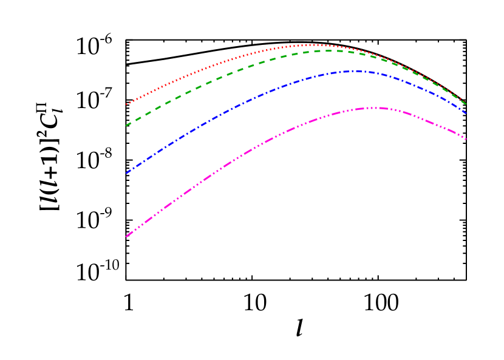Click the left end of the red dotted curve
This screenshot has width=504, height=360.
(126, 104)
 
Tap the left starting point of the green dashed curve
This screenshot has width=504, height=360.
(126, 126)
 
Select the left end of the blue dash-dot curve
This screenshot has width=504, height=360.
(126, 174)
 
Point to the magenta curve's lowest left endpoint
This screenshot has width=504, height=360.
(126, 236)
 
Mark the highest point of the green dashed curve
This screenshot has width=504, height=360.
(328, 50)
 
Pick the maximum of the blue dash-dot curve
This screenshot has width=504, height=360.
(355, 71)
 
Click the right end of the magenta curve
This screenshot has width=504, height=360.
(466, 139)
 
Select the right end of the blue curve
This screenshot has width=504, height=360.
(466, 113)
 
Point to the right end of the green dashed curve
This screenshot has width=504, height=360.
(466, 104)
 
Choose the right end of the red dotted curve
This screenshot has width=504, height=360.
(466, 102)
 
